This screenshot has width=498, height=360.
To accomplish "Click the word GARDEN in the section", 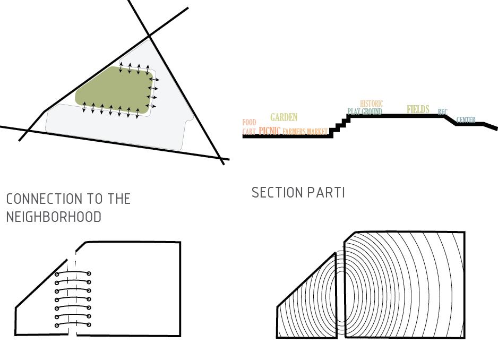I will coord(284,117).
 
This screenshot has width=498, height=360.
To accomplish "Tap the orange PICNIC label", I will coord(269,131).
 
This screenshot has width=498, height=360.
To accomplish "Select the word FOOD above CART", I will coord(249,123).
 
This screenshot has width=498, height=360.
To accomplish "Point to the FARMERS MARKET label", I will coord(305,132).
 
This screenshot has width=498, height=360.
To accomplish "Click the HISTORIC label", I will coord(371,104).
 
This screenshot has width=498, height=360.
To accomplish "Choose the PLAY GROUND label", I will coord(365,112).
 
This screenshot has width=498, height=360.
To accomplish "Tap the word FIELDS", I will coord(418,109).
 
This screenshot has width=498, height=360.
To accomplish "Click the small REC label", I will coord(442,112).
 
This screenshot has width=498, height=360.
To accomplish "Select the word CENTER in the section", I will coord(466,121).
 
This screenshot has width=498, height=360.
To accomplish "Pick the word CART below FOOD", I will coord(249,132).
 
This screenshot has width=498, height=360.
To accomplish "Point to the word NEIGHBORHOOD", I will coord(54,217).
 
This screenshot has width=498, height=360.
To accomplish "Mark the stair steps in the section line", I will coord(340,125).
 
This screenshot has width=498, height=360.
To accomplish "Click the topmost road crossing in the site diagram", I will coord(150,36).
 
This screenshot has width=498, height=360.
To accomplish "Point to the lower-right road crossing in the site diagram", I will coord(220,158).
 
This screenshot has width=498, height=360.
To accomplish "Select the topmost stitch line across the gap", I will coord(73,273).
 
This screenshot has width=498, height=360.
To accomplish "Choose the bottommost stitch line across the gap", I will coord(73,324).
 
